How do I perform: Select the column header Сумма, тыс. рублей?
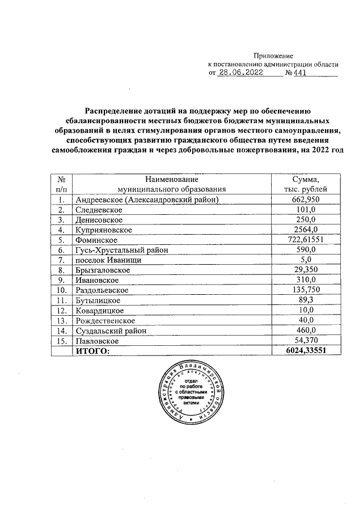tap(306, 184)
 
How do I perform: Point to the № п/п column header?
tap(61, 184)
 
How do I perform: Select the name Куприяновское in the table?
tap(103, 230)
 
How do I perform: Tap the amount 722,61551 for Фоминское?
tap(306, 240)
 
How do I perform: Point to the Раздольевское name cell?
tap(102, 290)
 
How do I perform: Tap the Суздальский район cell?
tap(111, 330)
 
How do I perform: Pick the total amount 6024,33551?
tap(306, 351)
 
